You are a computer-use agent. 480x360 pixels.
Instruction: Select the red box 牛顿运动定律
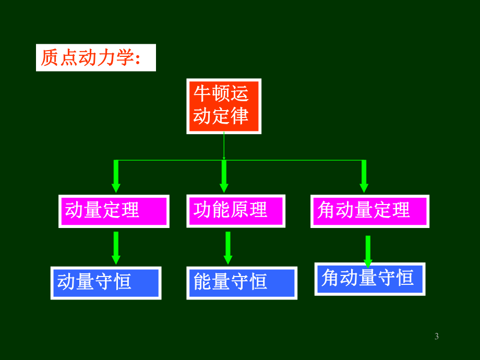tap(223, 106)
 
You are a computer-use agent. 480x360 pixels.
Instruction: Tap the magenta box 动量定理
tap(113, 211)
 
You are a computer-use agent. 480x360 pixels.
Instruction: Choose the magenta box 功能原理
tap(236, 210)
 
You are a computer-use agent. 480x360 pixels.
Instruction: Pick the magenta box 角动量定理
tap(369, 211)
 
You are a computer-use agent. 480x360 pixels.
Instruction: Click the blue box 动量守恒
tap(105, 283)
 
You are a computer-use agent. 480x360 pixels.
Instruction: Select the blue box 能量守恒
tap(242, 283)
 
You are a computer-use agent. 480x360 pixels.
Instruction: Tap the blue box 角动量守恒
tap(369, 279)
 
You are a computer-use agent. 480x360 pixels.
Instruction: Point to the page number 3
tap(437, 337)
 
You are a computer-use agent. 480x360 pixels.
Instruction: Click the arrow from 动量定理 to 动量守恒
tap(116, 248)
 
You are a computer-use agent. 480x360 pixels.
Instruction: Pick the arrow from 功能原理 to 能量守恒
tap(227, 248)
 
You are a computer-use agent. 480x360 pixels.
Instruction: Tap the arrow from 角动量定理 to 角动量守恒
tap(368, 250)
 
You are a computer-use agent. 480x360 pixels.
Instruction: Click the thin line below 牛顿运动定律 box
tap(224, 146)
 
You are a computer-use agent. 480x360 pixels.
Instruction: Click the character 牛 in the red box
tap(202, 94)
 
